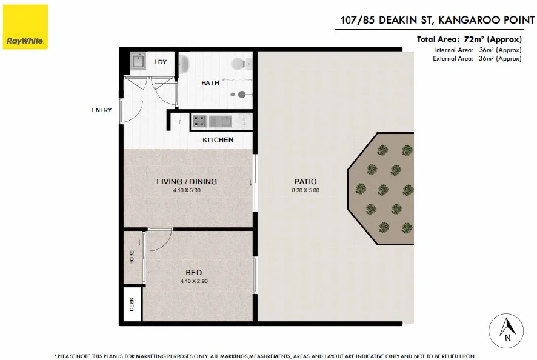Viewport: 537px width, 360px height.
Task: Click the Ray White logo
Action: coord(24,25)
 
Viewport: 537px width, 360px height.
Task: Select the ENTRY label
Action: coord(101,110)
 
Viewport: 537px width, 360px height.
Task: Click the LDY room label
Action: coord(161,62)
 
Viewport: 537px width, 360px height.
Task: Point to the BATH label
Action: coord(210,84)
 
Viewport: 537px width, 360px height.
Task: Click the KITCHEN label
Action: coord(218,140)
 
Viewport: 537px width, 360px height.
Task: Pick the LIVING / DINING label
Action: coord(186,181)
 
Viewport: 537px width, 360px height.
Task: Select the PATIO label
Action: coord(305,181)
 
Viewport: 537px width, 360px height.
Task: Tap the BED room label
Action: coord(194,272)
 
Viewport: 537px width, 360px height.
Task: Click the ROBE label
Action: coord(132,257)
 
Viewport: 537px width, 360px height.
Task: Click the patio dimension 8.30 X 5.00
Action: coord(305,190)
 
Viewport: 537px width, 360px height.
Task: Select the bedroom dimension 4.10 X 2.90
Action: coord(194,281)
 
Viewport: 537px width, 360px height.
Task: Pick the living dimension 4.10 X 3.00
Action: coord(186,190)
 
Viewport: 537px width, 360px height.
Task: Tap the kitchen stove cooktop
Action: coord(199,121)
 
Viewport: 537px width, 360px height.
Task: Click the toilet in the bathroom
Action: coord(241,63)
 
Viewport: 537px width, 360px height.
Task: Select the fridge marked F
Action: coord(179,123)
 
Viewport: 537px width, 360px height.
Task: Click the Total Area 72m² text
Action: coord(469,39)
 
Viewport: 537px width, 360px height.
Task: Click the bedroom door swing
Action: coord(159,241)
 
